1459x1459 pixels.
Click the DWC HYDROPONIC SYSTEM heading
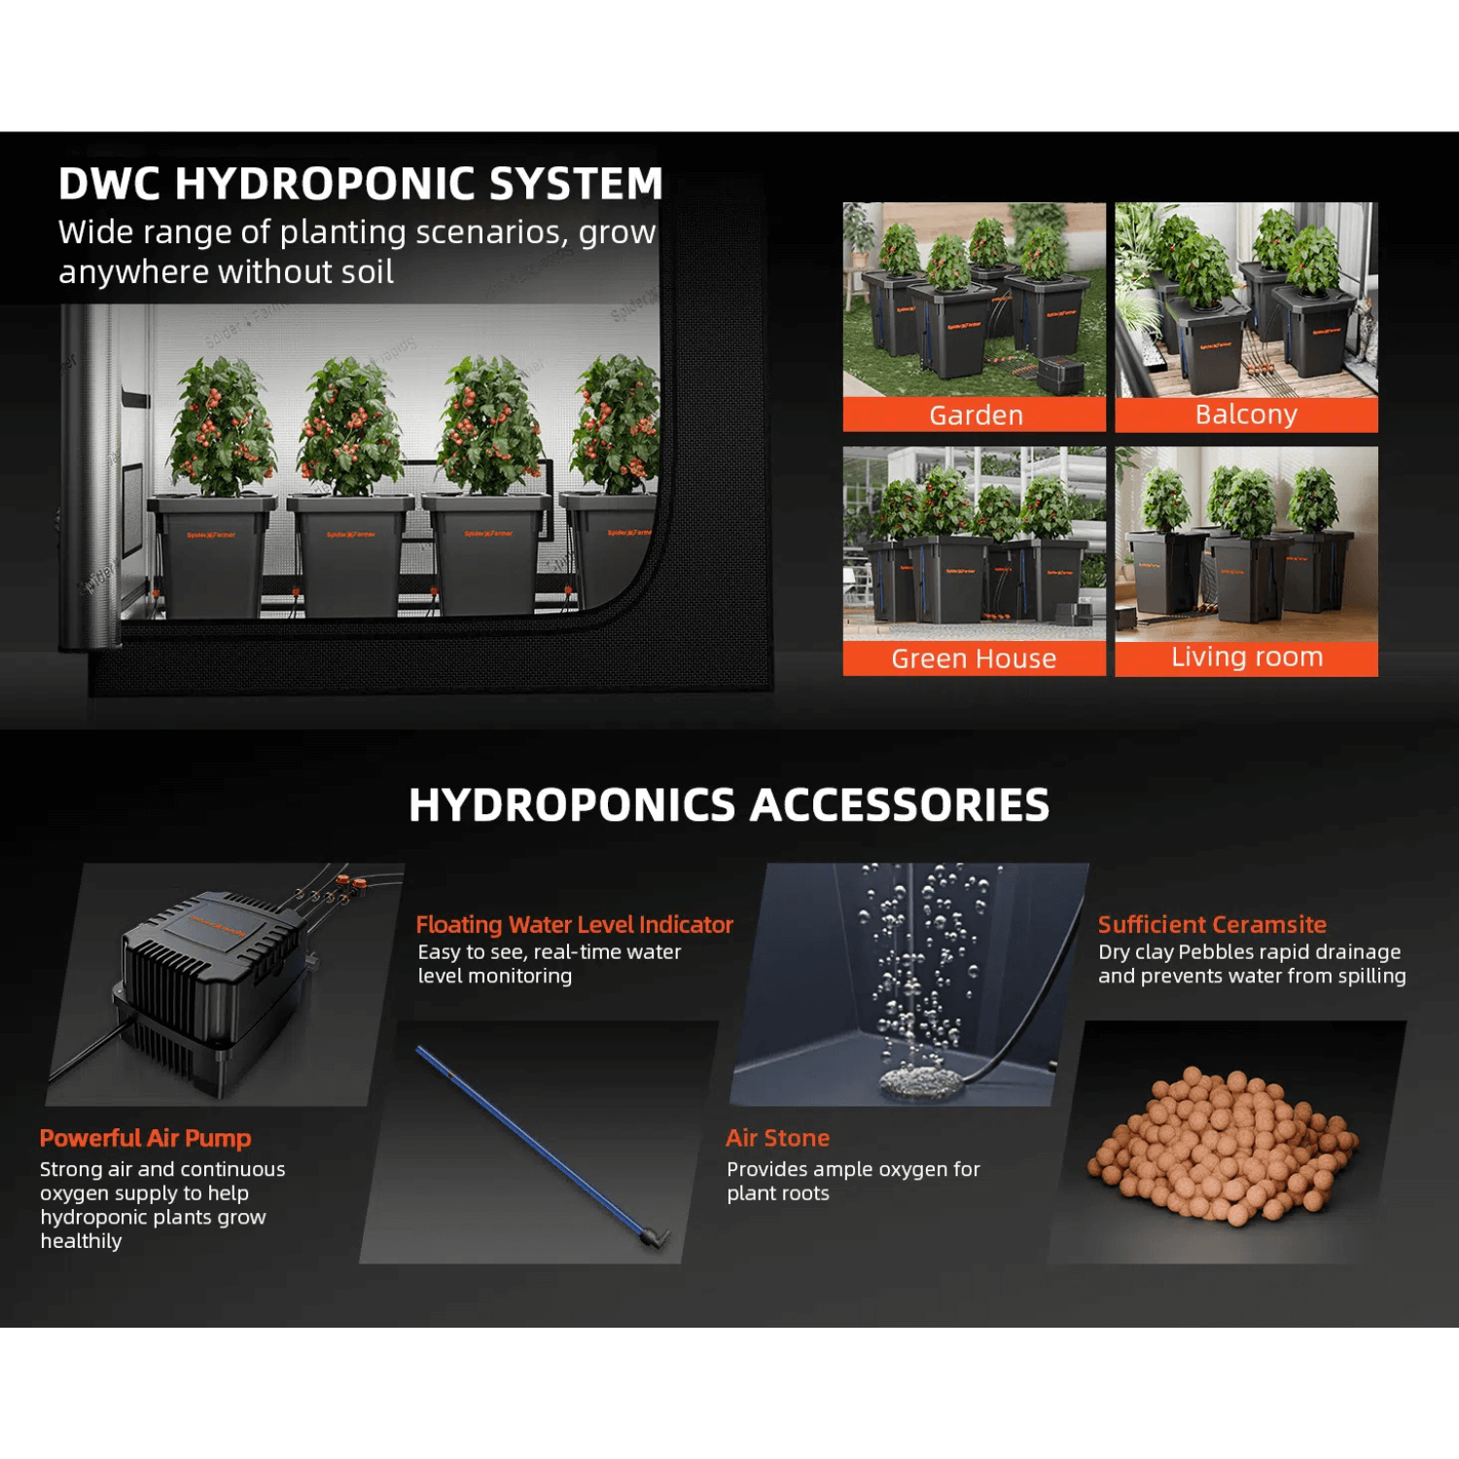click(360, 184)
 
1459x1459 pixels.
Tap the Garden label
click(976, 415)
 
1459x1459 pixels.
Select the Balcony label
click(1246, 414)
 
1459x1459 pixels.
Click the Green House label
click(974, 658)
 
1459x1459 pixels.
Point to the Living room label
click(1246, 658)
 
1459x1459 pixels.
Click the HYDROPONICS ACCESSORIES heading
click(729, 805)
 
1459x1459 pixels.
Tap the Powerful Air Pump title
click(145, 1138)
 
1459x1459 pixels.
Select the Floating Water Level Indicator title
click(574, 924)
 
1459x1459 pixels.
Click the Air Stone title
click(777, 1138)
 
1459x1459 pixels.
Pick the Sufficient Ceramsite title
click(1212, 924)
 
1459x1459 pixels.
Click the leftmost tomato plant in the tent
click(223, 428)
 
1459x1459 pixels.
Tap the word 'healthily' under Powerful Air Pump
click(81, 1241)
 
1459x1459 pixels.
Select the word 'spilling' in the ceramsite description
click(1371, 976)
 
